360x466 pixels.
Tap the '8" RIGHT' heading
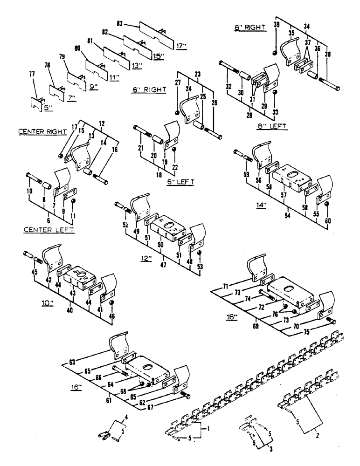[249, 27]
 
